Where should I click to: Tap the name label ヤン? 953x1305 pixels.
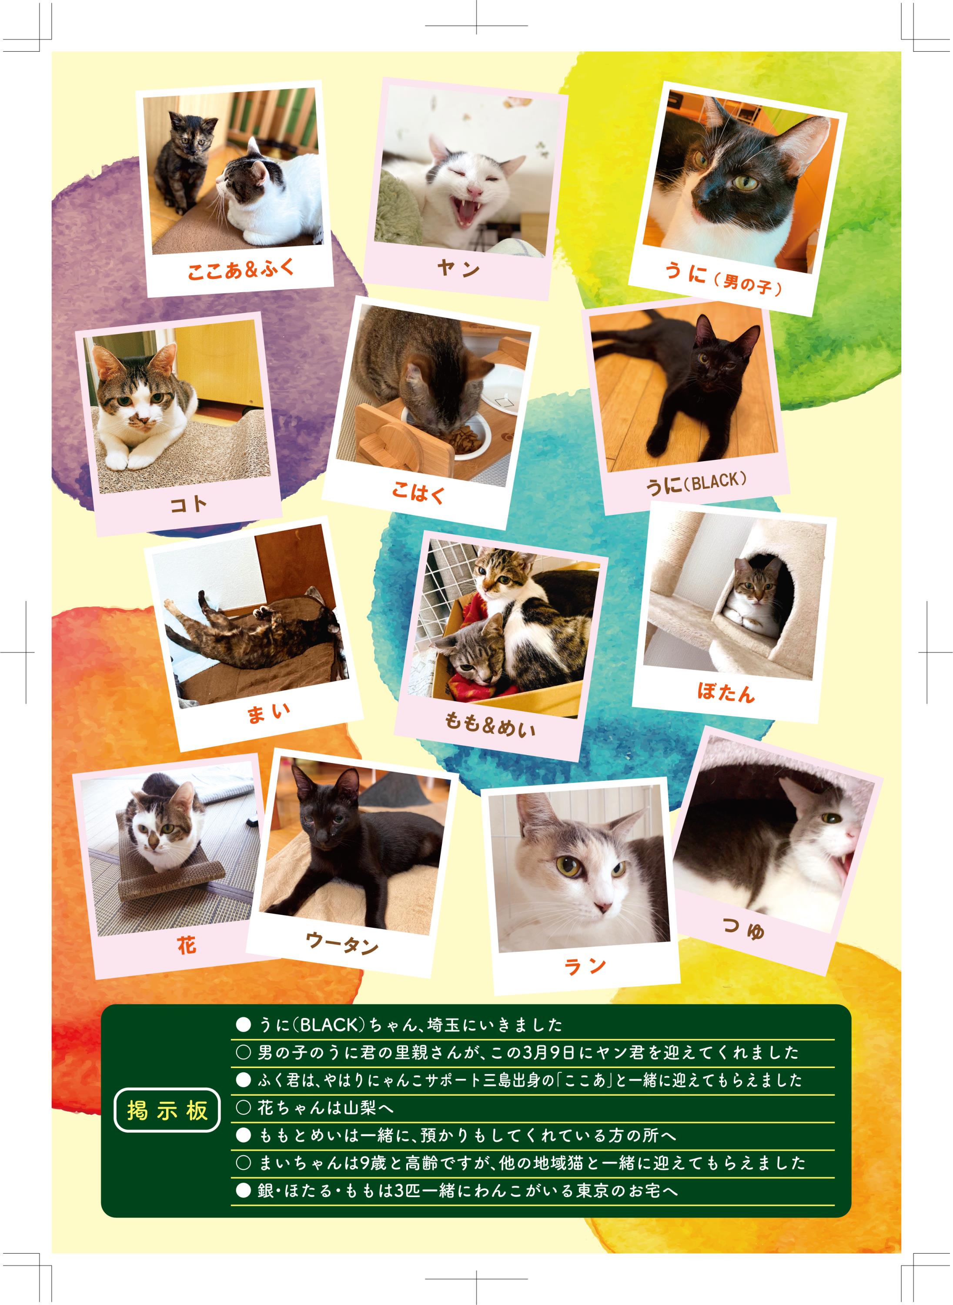(x=458, y=268)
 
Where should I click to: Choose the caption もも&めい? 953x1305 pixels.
(x=490, y=725)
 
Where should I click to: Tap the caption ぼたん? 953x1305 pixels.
(x=726, y=693)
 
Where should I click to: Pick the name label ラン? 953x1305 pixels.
(x=585, y=966)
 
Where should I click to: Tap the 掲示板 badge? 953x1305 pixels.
(x=167, y=1110)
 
